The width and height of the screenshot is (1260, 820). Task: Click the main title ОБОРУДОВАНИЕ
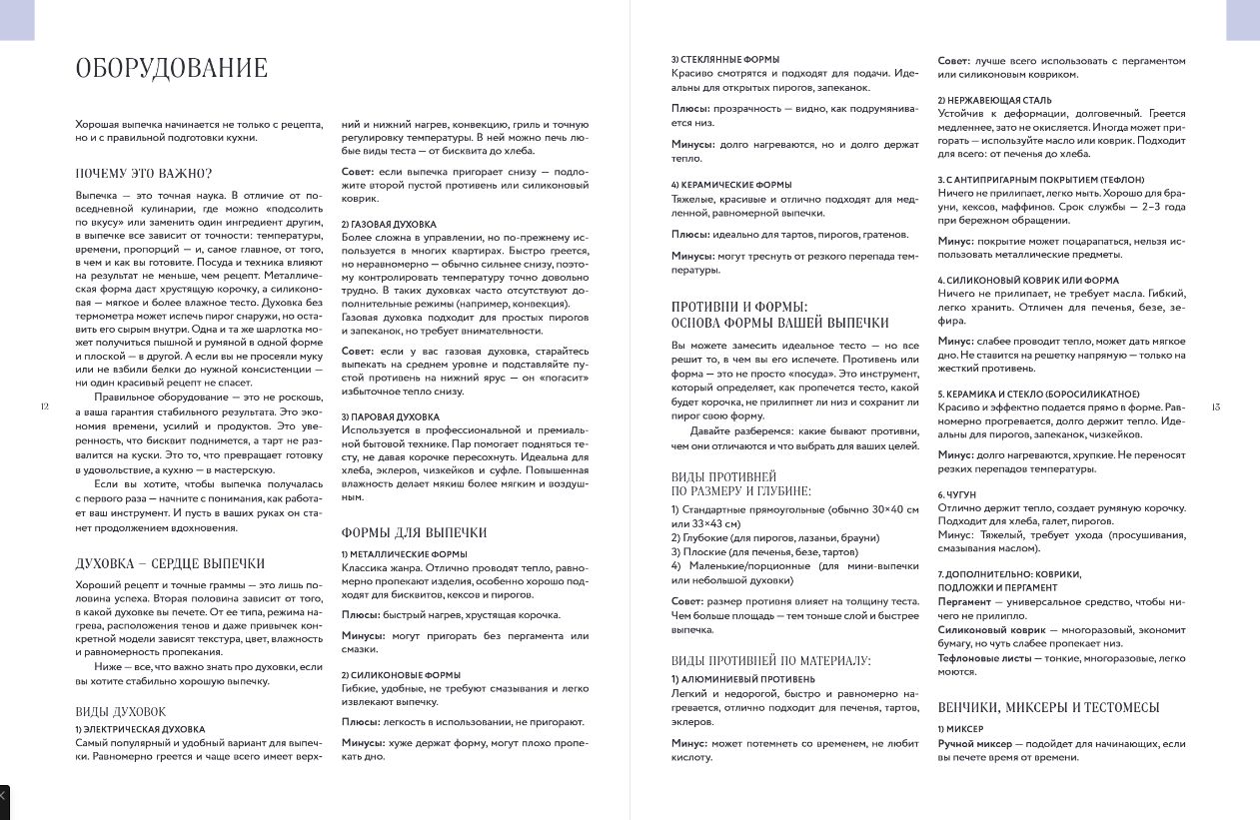172,68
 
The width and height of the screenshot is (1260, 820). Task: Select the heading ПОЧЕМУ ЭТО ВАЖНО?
144,173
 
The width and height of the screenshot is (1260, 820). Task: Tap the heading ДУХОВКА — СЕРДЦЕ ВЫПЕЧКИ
170,563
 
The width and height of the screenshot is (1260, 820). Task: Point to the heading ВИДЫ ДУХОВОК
120,712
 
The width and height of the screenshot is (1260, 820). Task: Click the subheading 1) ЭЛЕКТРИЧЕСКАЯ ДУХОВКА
140,730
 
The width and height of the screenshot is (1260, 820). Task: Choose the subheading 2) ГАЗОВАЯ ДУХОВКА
389,224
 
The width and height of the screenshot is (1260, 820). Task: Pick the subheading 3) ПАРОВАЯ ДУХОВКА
390,416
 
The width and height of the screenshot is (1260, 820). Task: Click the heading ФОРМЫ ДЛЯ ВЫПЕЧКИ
414,532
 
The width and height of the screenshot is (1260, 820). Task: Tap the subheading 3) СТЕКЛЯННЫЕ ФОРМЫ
725,60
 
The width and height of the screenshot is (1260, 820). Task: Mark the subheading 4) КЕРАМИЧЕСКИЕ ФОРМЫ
731,185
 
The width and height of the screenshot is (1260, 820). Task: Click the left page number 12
43,407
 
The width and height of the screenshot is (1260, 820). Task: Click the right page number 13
1215,407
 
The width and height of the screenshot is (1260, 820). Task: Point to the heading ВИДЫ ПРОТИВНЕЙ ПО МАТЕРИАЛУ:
770,660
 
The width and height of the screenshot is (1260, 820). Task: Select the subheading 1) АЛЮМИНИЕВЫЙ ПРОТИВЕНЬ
742,679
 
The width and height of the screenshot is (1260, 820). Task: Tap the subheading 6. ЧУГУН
956,494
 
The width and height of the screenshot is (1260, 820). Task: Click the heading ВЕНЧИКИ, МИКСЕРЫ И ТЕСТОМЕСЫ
1048,707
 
